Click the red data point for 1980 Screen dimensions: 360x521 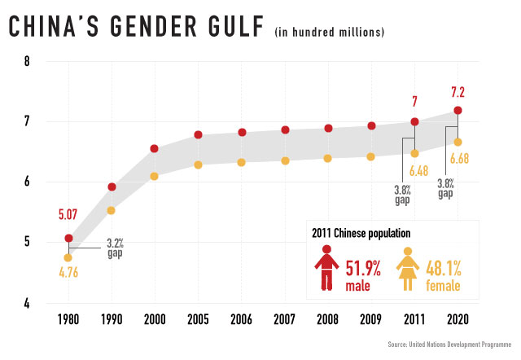(x=68, y=239)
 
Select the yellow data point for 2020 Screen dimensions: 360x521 (x=458, y=143)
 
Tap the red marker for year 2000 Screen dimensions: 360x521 (x=154, y=149)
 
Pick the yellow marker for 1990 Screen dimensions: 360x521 (x=112, y=210)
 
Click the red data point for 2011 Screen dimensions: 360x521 (x=414, y=121)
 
